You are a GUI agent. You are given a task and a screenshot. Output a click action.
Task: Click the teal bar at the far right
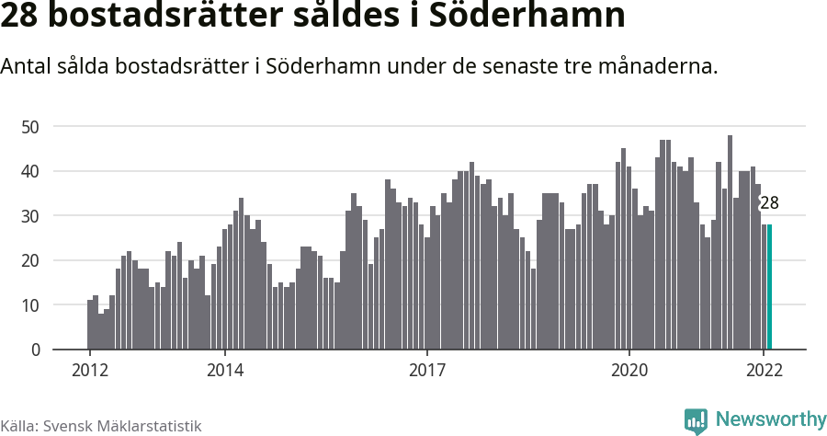769,287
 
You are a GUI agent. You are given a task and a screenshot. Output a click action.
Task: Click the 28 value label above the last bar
769,203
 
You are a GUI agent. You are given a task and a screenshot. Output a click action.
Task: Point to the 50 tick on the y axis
32,126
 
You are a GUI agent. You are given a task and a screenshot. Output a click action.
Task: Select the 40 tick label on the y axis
32,171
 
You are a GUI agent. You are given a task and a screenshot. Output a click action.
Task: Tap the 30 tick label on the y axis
32,216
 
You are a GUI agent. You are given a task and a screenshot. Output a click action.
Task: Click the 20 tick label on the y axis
32,260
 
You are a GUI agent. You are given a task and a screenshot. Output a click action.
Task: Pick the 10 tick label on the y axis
32,305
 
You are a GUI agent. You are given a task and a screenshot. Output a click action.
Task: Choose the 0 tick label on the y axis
36,350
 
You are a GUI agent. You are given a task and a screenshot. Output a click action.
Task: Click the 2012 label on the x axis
89,371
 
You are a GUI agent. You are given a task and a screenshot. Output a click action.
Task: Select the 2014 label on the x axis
224,371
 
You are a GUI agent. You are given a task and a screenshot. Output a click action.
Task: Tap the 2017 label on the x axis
426,371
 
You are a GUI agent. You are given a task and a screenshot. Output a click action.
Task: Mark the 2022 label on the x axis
764,371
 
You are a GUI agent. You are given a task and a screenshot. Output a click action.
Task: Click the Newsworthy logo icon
696,420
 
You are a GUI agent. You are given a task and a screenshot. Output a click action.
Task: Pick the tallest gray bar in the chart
730,243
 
